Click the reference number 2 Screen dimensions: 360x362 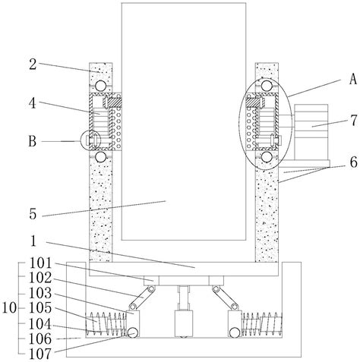click(33, 65)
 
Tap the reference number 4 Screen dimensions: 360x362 click(33, 103)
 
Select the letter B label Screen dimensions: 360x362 click(32, 141)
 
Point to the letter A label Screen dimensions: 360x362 click(352, 79)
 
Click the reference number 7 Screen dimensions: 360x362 click(354, 121)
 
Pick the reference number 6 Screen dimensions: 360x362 click(354, 162)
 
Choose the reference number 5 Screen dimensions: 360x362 click(33, 214)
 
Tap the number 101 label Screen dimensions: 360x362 click(40, 263)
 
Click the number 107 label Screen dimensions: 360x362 click(40, 354)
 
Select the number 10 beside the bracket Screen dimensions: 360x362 click(9, 308)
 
